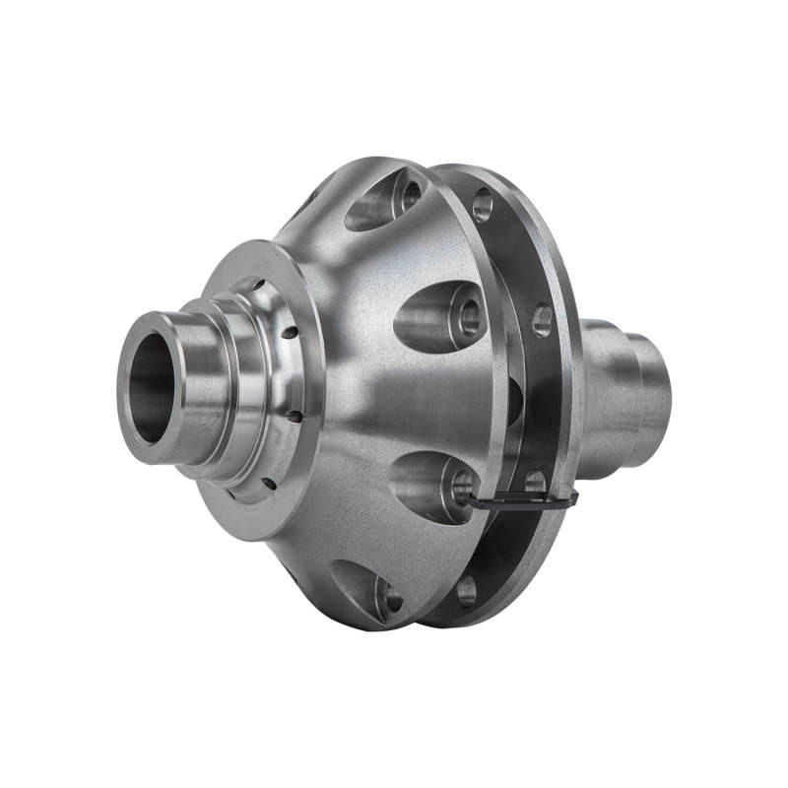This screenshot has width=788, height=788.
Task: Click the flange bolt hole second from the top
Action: pos(542,320)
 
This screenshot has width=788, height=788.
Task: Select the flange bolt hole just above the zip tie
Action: pos(535,482)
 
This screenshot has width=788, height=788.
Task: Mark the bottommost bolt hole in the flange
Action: pos(466,590)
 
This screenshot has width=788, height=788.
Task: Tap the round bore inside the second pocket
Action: pos(467,316)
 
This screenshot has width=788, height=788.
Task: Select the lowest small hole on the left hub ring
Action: pos(268,482)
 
